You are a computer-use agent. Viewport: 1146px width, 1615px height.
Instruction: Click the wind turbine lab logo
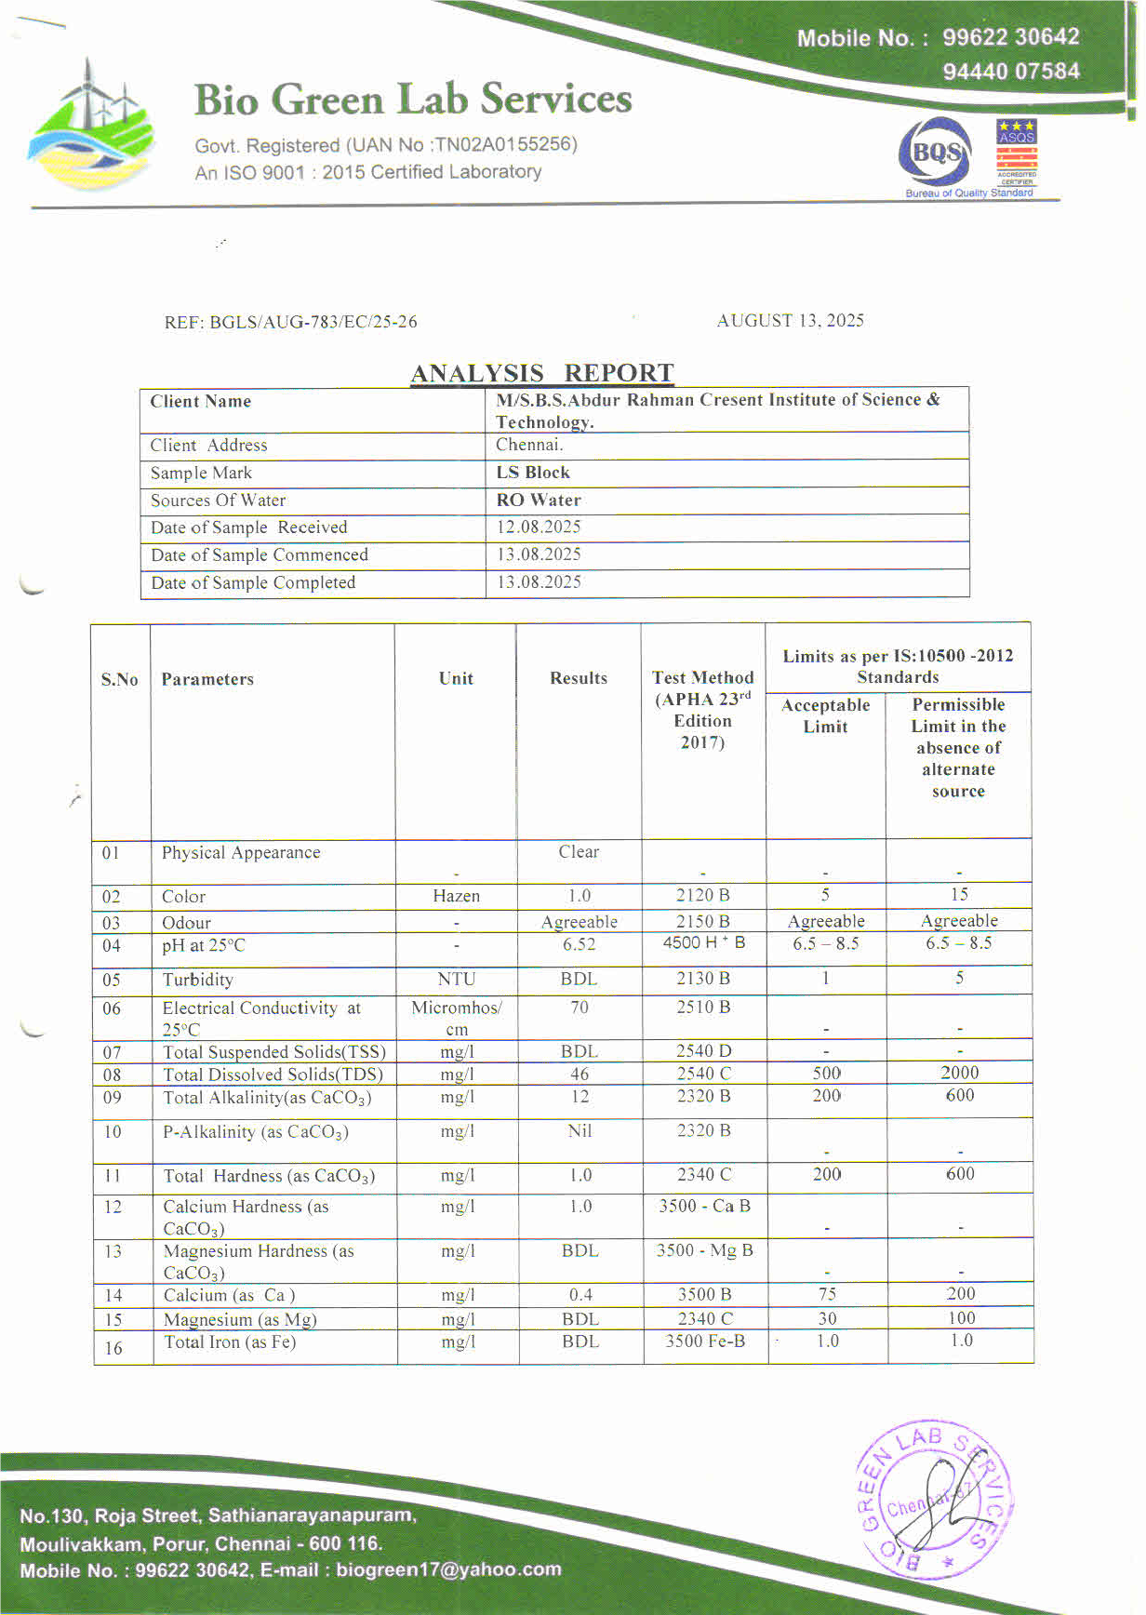[x=90, y=126]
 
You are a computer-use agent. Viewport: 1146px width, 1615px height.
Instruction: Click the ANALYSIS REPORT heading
[x=542, y=373]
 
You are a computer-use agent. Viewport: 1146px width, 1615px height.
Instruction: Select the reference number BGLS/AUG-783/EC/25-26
[x=313, y=322]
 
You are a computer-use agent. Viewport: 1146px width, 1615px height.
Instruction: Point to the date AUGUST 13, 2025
[x=790, y=320]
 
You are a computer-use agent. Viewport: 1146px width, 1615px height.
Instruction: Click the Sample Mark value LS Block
[x=533, y=473]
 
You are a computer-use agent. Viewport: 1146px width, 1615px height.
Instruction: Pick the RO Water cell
[x=539, y=500]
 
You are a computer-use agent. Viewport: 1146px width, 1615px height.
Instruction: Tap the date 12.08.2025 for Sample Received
[x=539, y=527]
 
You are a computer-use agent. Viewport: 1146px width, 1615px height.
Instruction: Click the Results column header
[x=578, y=678]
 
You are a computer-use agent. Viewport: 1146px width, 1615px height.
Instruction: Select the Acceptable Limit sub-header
[x=825, y=715]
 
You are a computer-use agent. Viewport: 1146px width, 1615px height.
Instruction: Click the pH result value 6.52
[x=579, y=944]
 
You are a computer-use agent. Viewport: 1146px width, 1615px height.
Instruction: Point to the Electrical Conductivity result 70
[x=579, y=1008]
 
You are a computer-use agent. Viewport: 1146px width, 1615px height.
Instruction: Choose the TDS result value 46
[x=580, y=1074]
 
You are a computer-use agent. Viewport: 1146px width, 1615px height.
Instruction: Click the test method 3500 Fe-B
[x=705, y=1341]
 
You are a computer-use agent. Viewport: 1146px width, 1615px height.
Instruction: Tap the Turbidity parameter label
[x=197, y=980]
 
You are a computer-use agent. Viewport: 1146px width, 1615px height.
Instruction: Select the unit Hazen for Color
[x=456, y=896]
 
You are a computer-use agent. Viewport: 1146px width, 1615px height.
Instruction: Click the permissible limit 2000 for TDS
[x=959, y=1073]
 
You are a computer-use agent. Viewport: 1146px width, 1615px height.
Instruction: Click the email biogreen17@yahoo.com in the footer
[x=448, y=1569]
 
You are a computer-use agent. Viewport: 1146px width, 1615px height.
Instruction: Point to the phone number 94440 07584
[x=1011, y=72]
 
